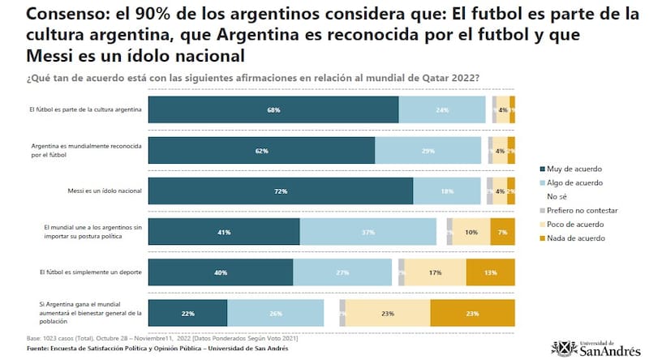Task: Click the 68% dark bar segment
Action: click(273, 109)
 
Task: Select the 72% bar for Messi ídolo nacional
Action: click(281, 191)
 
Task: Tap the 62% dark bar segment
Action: click(261, 151)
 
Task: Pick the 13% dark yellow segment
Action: click(490, 272)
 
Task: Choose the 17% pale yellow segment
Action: click(435, 272)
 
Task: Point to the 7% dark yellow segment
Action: click(502, 232)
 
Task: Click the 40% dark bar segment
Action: click(221, 272)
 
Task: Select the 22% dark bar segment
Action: click(187, 314)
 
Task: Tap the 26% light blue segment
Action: click(275, 314)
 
